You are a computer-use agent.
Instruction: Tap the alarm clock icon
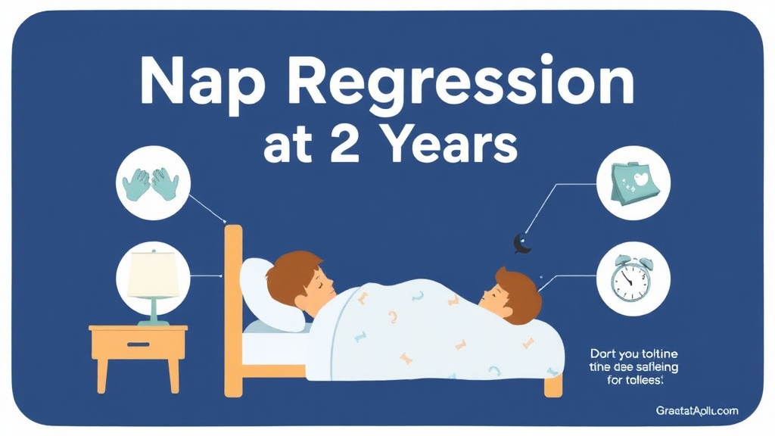630,279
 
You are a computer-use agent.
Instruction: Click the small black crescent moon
520,243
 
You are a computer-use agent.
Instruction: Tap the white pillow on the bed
261,291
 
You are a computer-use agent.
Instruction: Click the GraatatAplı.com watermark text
696,410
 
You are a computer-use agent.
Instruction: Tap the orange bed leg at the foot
554,386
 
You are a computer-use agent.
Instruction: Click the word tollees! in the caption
643,379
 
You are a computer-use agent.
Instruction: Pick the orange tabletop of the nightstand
138,330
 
